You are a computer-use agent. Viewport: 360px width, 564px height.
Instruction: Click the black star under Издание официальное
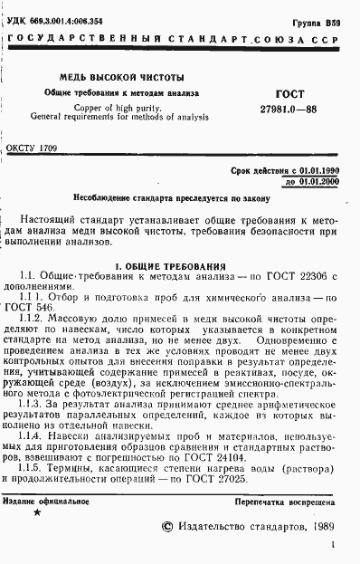[x=36, y=512]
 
